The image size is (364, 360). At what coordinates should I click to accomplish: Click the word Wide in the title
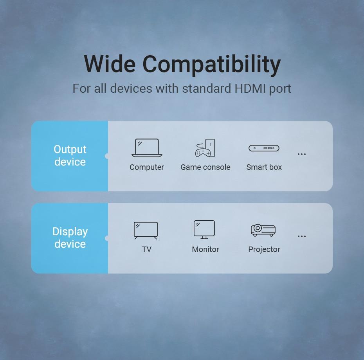110,64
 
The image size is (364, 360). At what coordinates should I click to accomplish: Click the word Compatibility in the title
212,65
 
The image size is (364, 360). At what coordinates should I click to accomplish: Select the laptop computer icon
147,148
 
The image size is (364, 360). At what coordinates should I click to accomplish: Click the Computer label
147,167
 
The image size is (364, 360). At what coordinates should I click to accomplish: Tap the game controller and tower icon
205,148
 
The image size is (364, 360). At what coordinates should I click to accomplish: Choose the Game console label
205,167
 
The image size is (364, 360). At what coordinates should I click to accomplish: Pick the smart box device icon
264,148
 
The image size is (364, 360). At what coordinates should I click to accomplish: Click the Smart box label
264,167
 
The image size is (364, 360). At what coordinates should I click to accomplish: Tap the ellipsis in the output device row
301,154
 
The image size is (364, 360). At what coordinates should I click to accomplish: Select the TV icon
146,230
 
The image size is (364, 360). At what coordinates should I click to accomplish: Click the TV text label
147,249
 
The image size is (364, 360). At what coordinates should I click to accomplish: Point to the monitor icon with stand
204,230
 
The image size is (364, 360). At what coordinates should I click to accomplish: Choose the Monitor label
205,249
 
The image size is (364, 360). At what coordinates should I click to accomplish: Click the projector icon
263,230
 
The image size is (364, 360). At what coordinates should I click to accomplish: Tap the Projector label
264,250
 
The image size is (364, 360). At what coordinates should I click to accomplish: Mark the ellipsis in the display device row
301,236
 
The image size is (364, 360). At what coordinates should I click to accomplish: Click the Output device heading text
70,155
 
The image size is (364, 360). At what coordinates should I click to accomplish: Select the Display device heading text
70,238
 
